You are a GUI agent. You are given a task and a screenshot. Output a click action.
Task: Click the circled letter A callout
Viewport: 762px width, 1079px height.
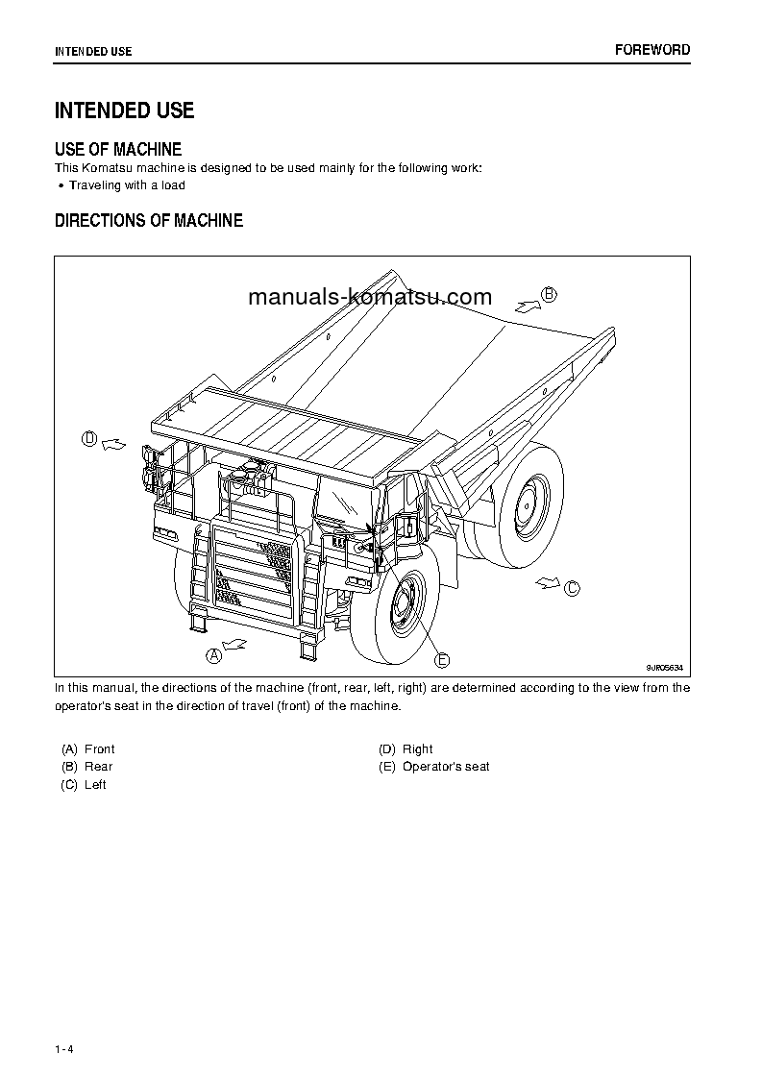pos(214,655)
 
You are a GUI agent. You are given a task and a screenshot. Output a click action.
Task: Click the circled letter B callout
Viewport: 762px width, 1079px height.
pos(549,295)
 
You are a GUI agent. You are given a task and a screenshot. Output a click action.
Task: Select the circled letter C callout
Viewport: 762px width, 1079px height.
pos(572,588)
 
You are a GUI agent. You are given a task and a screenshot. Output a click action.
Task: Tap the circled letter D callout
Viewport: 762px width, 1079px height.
pos(89,439)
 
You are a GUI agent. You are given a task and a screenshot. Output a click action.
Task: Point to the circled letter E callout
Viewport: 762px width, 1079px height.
pos(442,659)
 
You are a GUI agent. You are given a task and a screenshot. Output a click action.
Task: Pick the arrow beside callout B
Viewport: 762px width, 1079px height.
pos(525,305)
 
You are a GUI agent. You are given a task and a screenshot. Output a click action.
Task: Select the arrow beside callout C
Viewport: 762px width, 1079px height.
pos(547,581)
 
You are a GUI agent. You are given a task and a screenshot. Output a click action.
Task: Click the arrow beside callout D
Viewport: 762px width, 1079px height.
pos(113,443)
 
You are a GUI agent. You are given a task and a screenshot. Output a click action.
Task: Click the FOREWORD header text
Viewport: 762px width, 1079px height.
pos(652,50)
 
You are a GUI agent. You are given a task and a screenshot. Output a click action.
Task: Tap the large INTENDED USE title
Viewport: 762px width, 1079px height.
pos(125,110)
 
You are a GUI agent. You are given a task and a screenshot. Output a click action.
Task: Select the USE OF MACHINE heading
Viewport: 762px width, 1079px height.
pos(118,149)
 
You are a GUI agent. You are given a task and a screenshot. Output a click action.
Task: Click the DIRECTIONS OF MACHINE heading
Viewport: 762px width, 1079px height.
pos(149,220)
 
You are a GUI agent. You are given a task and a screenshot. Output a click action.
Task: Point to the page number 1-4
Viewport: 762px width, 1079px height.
pos(64,1048)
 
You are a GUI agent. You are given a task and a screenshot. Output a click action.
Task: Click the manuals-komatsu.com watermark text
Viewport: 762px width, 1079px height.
pos(369,297)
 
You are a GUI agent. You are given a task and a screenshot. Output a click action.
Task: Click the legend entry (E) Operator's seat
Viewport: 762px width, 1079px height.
pos(434,767)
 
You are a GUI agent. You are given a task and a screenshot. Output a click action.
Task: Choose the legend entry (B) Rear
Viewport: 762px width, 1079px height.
pos(87,767)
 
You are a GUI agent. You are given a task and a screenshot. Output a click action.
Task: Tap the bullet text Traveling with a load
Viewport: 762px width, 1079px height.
pos(127,185)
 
